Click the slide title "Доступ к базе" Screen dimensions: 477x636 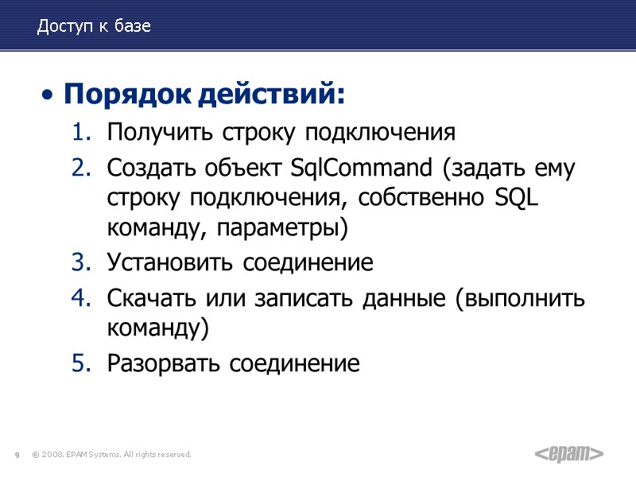pyautogui.click(x=94, y=27)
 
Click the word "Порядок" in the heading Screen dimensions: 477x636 pyautogui.click(x=128, y=95)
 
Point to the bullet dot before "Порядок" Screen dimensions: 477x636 pyautogui.click(x=49, y=97)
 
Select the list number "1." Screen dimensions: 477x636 pyautogui.click(x=83, y=131)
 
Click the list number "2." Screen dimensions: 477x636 pyautogui.click(x=83, y=169)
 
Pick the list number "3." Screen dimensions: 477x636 pyautogui.click(x=83, y=262)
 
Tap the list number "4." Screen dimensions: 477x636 pyautogui.click(x=83, y=299)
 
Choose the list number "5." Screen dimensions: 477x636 pyautogui.click(x=83, y=364)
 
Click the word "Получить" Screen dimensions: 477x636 pyautogui.click(x=151, y=131)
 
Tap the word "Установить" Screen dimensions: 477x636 pyautogui.click(x=170, y=262)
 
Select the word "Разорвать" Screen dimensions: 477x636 pyautogui.click(x=164, y=364)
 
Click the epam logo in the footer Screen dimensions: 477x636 pyautogui.click(x=568, y=454)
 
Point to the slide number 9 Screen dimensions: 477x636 pyautogui.click(x=16, y=455)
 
